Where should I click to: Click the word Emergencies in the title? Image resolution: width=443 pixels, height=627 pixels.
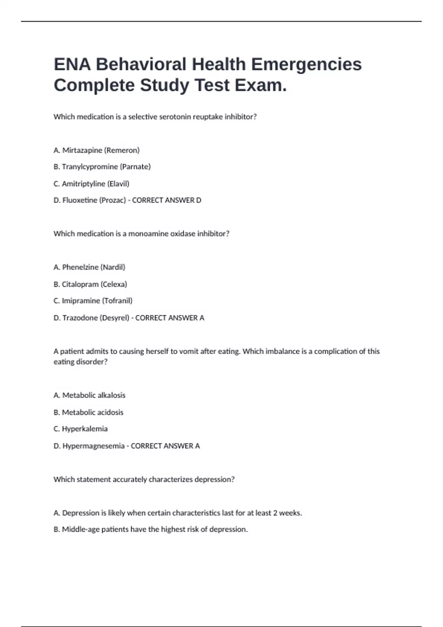306,65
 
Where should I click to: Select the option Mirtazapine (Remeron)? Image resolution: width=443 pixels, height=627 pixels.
96,150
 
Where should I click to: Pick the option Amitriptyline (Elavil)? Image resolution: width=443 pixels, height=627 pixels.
91,184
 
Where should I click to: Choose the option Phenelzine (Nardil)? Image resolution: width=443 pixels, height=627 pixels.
89,267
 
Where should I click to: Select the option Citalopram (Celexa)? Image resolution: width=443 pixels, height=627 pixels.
90,284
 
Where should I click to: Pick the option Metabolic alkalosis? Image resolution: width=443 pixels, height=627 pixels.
89,395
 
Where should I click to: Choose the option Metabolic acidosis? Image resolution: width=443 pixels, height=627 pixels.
89,412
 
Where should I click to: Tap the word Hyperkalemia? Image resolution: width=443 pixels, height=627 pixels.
85,429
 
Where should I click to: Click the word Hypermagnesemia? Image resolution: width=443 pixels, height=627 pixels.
93,446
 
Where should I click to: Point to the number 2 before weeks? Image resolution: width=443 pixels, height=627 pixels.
275,513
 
